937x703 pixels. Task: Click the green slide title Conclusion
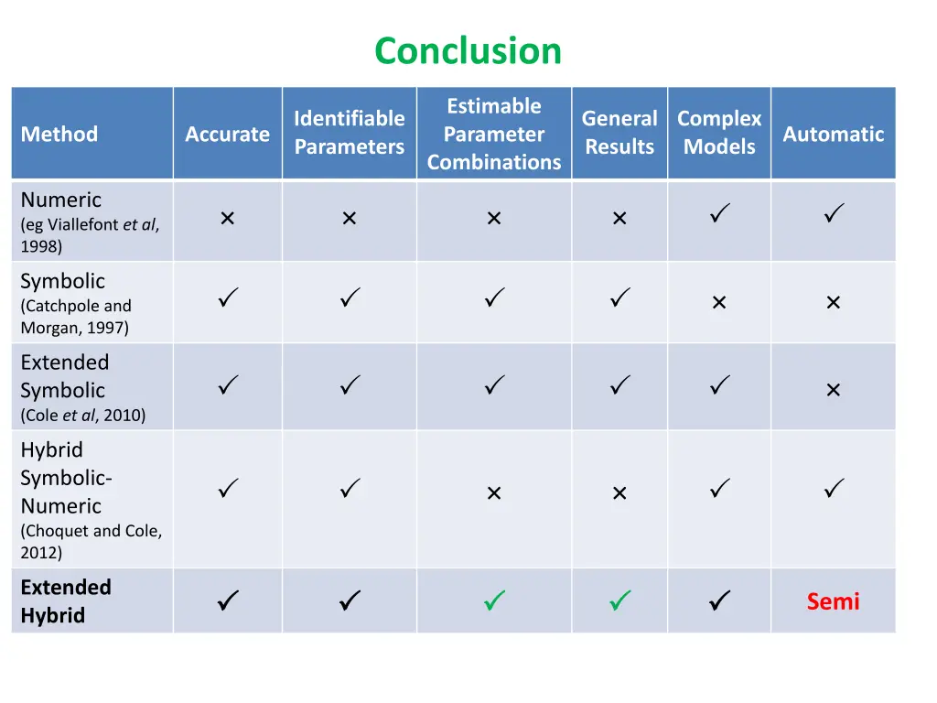click(x=468, y=50)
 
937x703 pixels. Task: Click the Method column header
click(x=59, y=135)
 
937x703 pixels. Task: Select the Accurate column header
click(x=227, y=135)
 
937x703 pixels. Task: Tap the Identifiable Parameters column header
click(x=349, y=133)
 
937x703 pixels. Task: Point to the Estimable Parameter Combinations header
click(x=494, y=134)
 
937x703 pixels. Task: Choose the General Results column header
click(x=619, y=133)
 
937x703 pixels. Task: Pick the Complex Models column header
click(x=719, y=133)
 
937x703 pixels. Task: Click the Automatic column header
click(x=833, y=135)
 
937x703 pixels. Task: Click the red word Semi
click(x=833, y=601)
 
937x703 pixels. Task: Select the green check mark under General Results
click(x=619, y=601)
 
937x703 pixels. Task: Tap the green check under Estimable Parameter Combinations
click(x=494, y=601)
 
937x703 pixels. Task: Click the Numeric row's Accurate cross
click(x=227, y=219)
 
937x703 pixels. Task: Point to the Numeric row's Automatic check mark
click(x=833, y=216)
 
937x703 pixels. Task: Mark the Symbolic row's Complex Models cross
click(x=719, y=303)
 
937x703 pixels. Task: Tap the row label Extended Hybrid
click(x=66, y=601)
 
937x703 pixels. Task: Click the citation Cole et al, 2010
click(x=83, y=416)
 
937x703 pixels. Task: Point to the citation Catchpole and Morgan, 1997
click(x=76, y=317)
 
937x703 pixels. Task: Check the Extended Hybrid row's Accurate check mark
click(x=228, y=601)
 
